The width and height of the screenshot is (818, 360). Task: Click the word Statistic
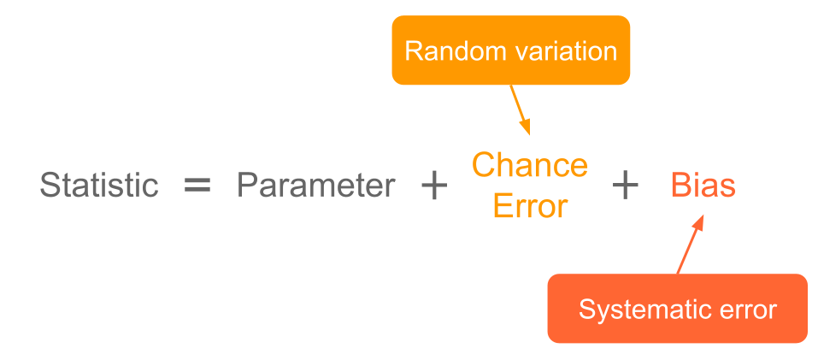(99, 186)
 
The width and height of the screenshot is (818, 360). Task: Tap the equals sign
(197, 186)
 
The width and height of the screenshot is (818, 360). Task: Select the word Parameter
(316, 186)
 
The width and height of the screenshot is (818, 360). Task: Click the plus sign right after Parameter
(434, 186)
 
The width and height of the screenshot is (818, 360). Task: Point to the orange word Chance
(530, 165)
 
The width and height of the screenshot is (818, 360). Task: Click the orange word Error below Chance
(530, 206)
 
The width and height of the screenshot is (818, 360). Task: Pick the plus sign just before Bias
(626, 186)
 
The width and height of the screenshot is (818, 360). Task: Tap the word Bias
(703, 186)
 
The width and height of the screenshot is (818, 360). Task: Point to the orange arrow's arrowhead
(526, 127)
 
